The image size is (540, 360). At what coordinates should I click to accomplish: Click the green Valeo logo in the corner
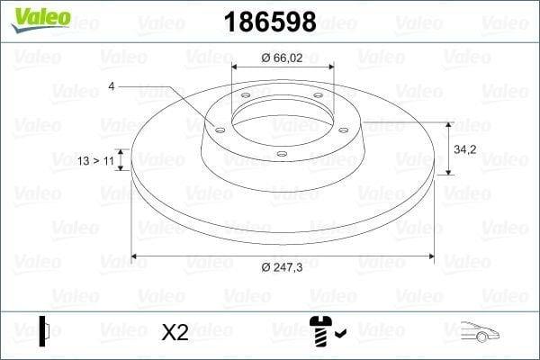(41, 19)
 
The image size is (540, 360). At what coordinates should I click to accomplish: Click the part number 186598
(270, 22)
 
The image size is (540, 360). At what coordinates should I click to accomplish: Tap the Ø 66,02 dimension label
(282, 58)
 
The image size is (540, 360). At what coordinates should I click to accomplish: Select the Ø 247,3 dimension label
(282, 267)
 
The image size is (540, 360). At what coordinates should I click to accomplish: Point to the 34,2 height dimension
(465, 149)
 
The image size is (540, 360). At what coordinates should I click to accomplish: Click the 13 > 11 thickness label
(95, 160)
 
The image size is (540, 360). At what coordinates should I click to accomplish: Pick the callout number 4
(112, 86)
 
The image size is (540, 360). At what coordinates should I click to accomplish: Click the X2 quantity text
(175, 332)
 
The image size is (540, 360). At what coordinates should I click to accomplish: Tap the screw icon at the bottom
(320, 331)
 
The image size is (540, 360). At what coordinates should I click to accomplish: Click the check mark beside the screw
(340, 333)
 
